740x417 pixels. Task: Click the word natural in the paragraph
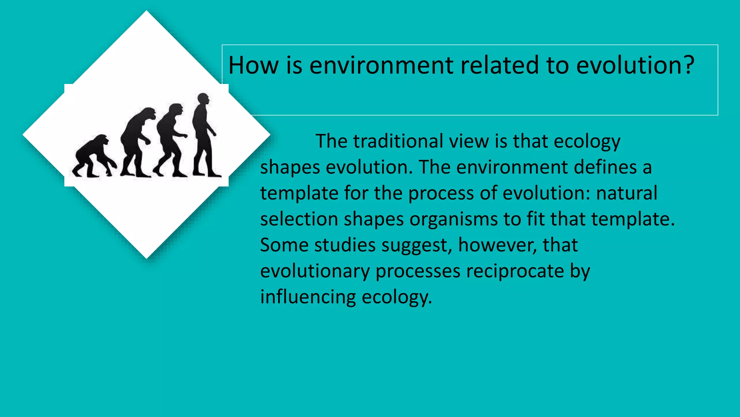click(x=627, y=193)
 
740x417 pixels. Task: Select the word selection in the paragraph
click(x=299, y=219)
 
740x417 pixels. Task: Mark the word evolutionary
click(x=315, y=271)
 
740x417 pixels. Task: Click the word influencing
click(x=308, y=297)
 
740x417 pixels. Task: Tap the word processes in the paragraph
click(x=418, y=271)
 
